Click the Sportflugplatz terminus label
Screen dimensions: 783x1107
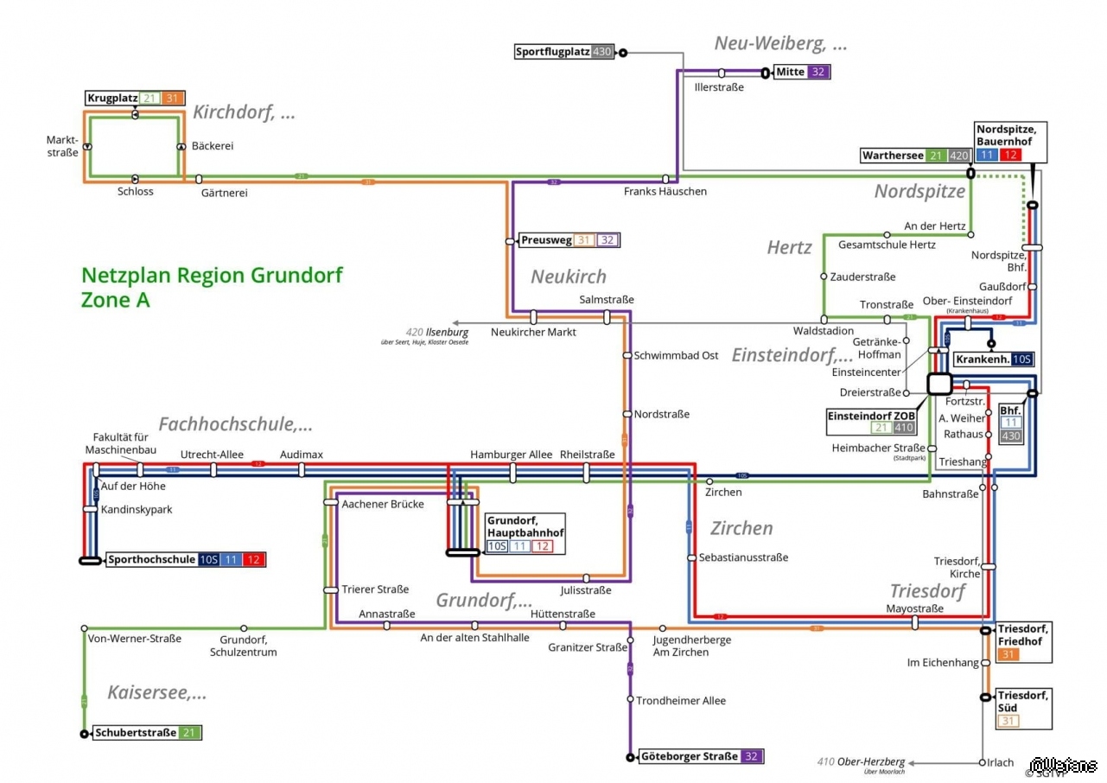[552, 52]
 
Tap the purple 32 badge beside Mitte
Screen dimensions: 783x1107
[818, 72]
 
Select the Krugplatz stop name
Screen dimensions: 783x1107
[112, 99]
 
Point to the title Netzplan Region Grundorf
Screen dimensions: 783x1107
[212, 276]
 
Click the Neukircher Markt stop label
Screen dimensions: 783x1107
[533, 332]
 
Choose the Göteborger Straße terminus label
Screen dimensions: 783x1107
[689, 757]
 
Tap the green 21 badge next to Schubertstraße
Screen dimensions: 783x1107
[190, 733]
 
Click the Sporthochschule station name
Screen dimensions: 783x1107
[151, 560]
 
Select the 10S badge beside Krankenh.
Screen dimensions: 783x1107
[1021, 360]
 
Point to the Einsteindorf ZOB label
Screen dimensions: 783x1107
[870, 416]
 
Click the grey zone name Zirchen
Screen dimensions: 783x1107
[741, 528]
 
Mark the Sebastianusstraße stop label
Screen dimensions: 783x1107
[743, 557]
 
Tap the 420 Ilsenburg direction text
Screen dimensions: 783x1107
[437, 332]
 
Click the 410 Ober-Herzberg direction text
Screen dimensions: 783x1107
[861, 762]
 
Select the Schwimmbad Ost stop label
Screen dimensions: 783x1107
[676, 355]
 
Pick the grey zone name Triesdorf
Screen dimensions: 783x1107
[927, 591]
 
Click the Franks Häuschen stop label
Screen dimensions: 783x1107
[665, 191]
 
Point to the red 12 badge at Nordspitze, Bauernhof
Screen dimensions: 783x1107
[1009, 155]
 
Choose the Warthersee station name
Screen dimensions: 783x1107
[892, 156]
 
